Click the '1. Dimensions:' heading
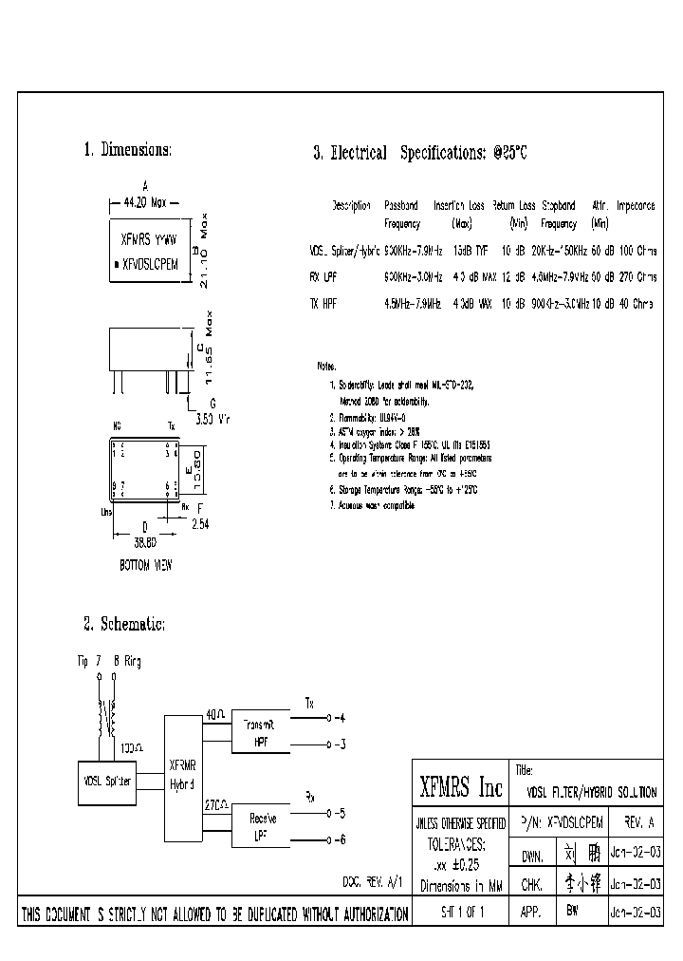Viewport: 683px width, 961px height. pyautogui.click(x=127, y=150)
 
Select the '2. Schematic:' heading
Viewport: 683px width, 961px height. pyautogui.click(x=124, y=624)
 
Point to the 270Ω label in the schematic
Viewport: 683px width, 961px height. pyautogui.click(x=216, y=803)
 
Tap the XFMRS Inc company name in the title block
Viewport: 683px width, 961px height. pyautogui.click(x=461, y=787)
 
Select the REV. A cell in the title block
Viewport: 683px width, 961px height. pyautogui.click(x=634, y=823)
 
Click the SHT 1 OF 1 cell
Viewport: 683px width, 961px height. pyautogui.click(x=461, y=914)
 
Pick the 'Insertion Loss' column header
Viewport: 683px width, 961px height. pyautogui.click(x=460, y=205)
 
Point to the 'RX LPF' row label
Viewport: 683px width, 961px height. pyautogui.click(x=323, y=277)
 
